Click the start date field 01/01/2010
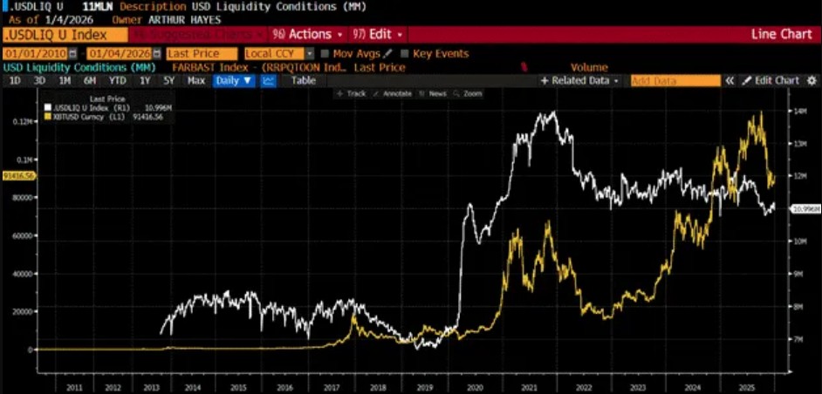coord(38,54)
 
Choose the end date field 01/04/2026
coord(118,54)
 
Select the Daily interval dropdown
coord(235,80)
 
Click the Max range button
coord(196,80)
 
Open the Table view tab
coord(303,80)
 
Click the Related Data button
coord(579,80)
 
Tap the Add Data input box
coord(675,80)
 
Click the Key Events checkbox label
coord(441,54)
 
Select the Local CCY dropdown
coord(278,54)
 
